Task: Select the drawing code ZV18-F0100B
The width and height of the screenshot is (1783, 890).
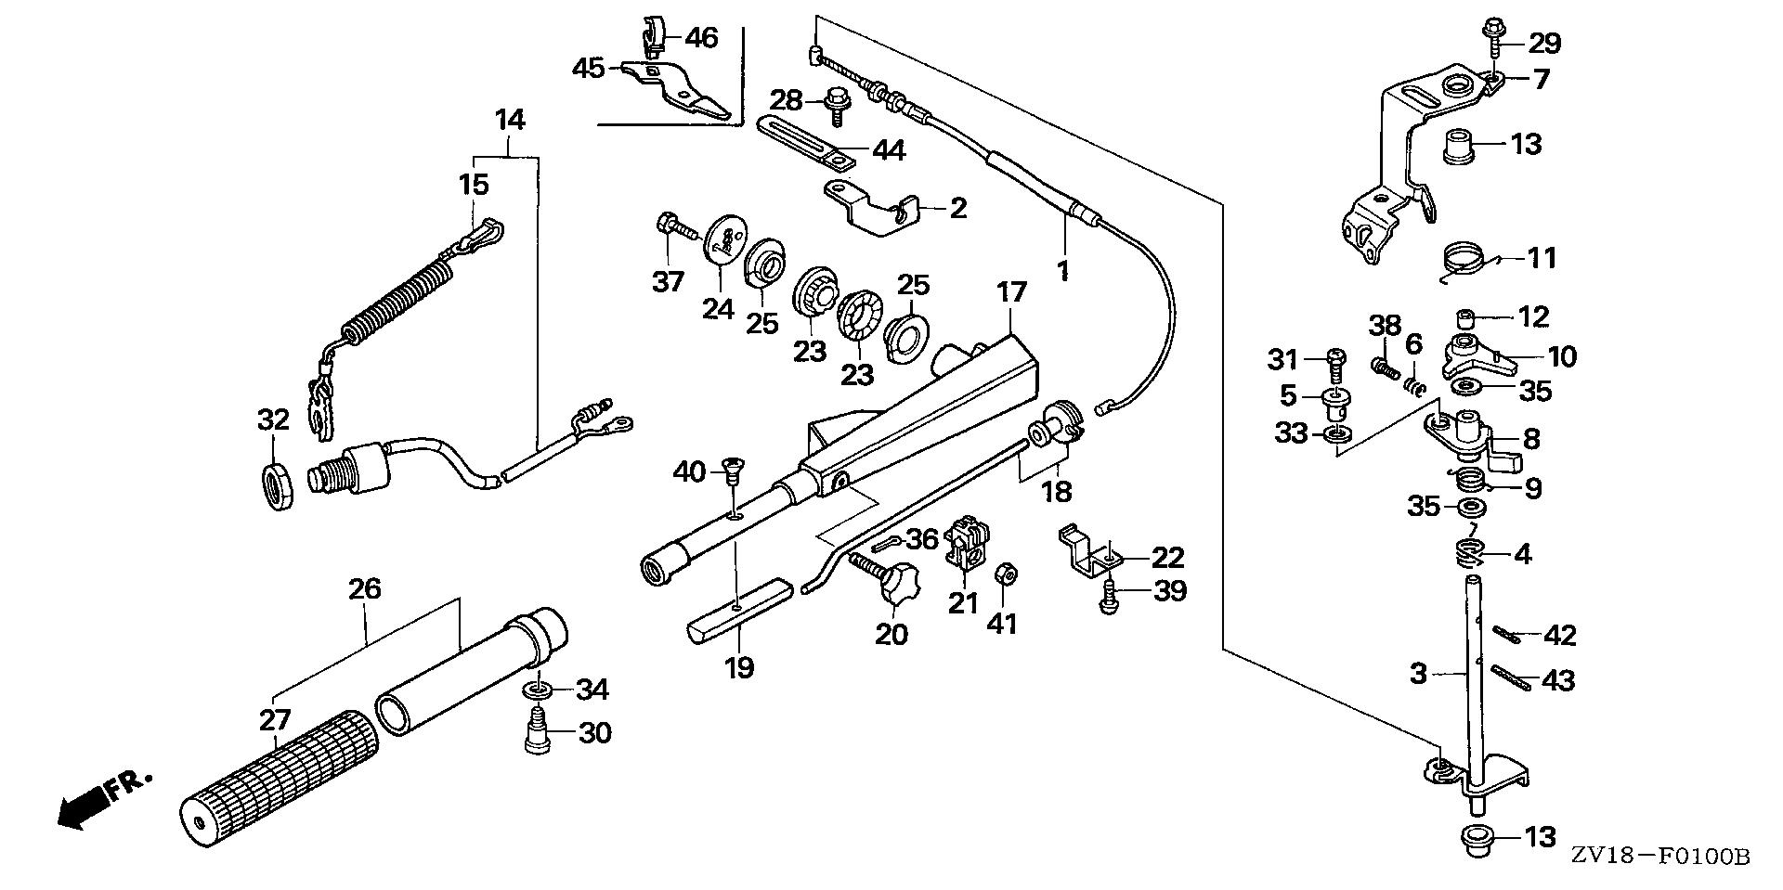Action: pyautogui.click(x=1660, y=856)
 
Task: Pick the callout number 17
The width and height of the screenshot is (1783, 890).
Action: pyautogui.click(x=1011, y=293)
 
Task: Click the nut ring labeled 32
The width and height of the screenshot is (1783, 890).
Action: pyautogui.click(x=276, y=485)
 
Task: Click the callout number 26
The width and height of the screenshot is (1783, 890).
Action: pyautogui.click(x=365, y=587)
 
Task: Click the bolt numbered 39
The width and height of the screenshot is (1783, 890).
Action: pyautogui.click(x=1107, y=600)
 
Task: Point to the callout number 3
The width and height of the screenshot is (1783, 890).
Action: pyautogui.click(x=1417, y=673)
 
